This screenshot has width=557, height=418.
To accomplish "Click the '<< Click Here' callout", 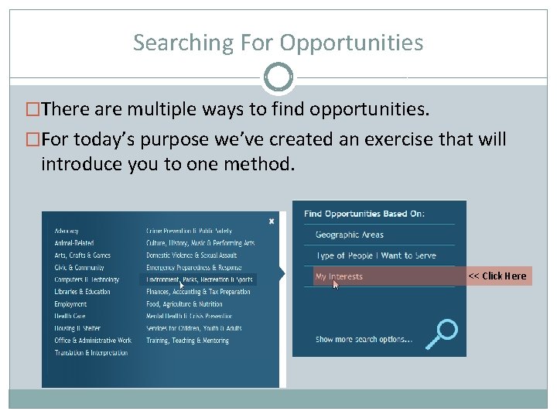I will tap(497, 276).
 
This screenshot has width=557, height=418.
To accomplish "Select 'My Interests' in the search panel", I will tap(339, 276).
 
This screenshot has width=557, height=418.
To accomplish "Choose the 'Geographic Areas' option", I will tap(350, 235).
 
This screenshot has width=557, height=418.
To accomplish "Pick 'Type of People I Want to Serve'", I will tap(376, 255).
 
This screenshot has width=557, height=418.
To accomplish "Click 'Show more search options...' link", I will tap(364, 339).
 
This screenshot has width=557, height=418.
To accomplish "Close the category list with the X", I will tap(272, 221).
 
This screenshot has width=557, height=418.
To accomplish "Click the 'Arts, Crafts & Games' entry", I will tap(83, 255).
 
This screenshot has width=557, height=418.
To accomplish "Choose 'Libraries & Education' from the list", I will tap(83, 292).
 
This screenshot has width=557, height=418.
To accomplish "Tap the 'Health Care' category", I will tap(70, 316).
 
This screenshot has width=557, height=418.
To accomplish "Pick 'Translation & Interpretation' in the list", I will tap(91, 353).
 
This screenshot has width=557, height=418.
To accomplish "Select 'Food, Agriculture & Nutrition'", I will tap(184, 304).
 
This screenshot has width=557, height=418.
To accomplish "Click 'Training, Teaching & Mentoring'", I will tap(187, 341).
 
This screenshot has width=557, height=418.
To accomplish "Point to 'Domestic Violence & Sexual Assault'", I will tap(192, 255).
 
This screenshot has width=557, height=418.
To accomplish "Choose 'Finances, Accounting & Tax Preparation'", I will tap(198, 292).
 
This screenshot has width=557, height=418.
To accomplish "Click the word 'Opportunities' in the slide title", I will tap(352, 43).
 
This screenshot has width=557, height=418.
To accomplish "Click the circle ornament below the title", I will tap(278, 77).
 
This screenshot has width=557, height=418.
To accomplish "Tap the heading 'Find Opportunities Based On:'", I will tap(364, 214).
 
